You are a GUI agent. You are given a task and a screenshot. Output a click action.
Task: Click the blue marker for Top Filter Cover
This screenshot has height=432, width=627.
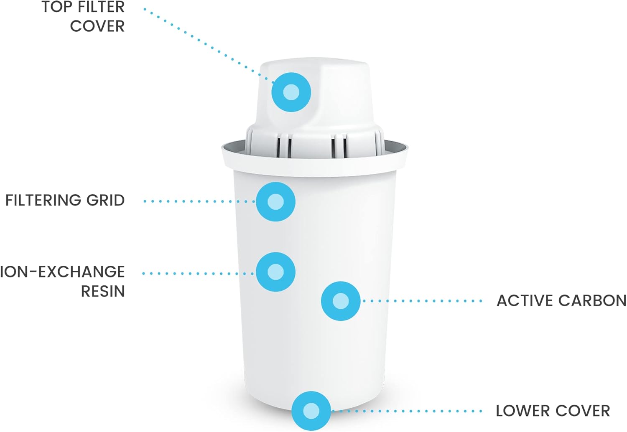(291, 92)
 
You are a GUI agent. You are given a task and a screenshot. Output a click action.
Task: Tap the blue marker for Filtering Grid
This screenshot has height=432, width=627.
(275, 201)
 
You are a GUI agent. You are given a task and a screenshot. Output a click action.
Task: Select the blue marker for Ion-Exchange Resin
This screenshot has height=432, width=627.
(275, 272)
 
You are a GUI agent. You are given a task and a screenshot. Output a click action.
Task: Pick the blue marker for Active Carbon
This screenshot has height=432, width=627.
(341, 301)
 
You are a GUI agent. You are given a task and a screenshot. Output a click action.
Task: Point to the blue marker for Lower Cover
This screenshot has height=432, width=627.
(311, 411)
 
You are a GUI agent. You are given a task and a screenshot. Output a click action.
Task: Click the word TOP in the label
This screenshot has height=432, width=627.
(57, 7)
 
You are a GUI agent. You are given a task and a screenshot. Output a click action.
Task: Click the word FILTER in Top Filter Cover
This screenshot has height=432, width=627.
(101, 7)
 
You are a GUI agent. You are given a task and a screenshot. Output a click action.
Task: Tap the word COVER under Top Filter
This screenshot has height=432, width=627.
(97, 26)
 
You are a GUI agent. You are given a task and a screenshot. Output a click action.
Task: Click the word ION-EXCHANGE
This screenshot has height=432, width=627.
(62, 272)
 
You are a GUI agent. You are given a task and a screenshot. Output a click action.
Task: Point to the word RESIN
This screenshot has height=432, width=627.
(103, 291)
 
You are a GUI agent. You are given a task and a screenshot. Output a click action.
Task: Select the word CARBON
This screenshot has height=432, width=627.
(592, 301)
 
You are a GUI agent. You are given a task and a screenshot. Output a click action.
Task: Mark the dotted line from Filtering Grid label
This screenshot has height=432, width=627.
(199, 201)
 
